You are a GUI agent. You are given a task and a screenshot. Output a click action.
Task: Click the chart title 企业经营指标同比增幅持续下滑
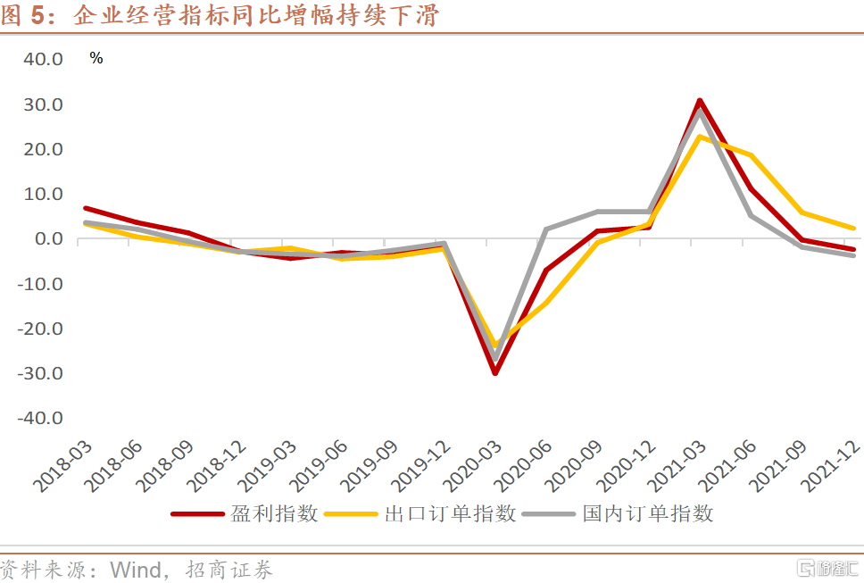(254, 15)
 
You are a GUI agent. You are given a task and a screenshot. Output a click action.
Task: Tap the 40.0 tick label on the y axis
(43, 59)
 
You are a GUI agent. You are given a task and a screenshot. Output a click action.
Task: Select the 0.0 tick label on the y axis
(48, 238)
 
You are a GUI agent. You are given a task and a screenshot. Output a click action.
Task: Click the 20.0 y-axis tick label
(43, 149)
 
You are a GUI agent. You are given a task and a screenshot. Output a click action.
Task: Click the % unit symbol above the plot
(96, 59)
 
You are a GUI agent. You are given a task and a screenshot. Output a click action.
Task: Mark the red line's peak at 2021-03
(701, 101)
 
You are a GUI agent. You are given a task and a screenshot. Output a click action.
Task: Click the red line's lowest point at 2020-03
(494, 372)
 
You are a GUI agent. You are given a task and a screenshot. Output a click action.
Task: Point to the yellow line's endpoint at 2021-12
(854, 229)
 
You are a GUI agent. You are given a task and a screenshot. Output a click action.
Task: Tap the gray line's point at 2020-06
(545, 229)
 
